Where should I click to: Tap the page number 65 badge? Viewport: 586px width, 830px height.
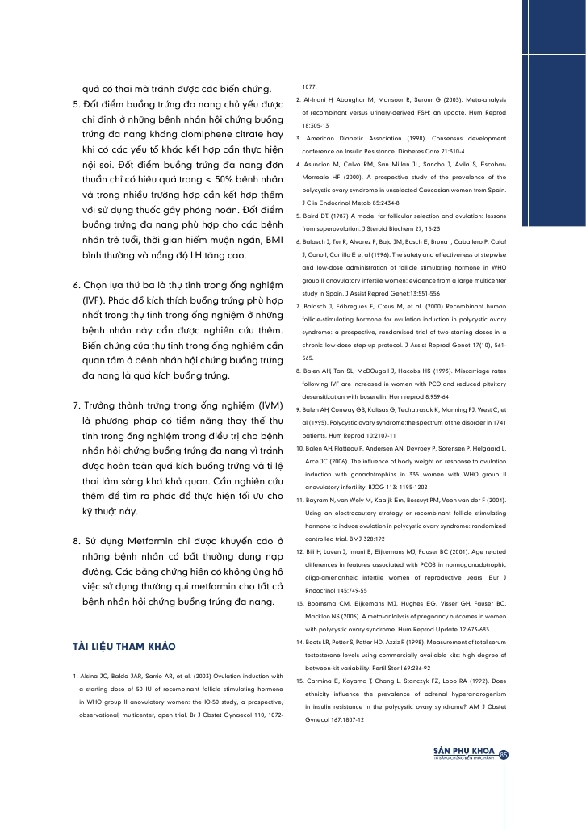[504, 754]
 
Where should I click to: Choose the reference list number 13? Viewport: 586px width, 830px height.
[299, 625]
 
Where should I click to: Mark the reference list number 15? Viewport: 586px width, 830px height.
[299, 681]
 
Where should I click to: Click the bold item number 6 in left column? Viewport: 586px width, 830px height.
[77, 285]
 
